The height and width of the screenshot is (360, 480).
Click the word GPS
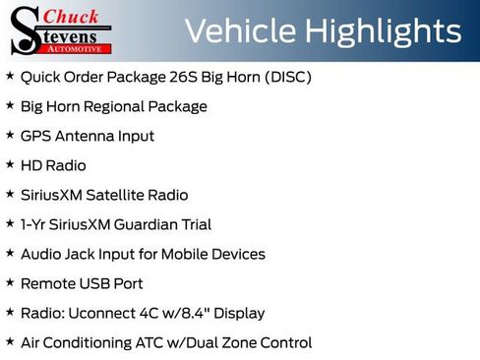click(35, 136)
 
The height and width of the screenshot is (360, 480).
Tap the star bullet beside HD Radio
click(10, 165)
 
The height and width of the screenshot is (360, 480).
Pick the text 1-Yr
click(33, 224)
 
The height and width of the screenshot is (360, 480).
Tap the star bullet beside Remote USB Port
click(10, 283)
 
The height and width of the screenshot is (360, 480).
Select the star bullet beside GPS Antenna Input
click(10, 136)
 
